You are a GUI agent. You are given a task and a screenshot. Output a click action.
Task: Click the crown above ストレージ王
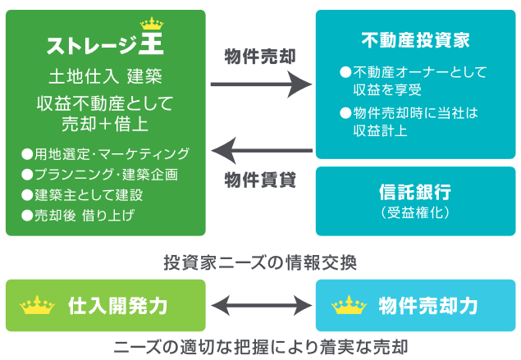click(153, 23)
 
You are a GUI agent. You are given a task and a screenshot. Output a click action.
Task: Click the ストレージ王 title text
click(105, 43)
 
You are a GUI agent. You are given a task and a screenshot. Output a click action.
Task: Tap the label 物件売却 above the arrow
click(260, 57)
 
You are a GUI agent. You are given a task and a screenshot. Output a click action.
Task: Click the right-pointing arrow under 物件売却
click(262, 84)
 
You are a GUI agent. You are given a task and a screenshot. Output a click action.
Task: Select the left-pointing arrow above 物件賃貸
click(262, 150)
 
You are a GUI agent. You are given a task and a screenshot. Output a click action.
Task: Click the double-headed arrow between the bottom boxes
click(261, 306)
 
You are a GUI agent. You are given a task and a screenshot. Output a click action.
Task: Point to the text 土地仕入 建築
click(104, 77)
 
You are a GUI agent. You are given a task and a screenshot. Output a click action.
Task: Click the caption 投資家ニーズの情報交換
click(260, 262)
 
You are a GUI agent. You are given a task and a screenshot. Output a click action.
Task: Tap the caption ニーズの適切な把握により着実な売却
click(260, 345)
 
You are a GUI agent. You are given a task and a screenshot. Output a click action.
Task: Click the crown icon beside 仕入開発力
click(37, 306)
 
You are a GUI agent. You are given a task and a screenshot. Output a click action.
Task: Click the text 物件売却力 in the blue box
click(427, 306)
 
